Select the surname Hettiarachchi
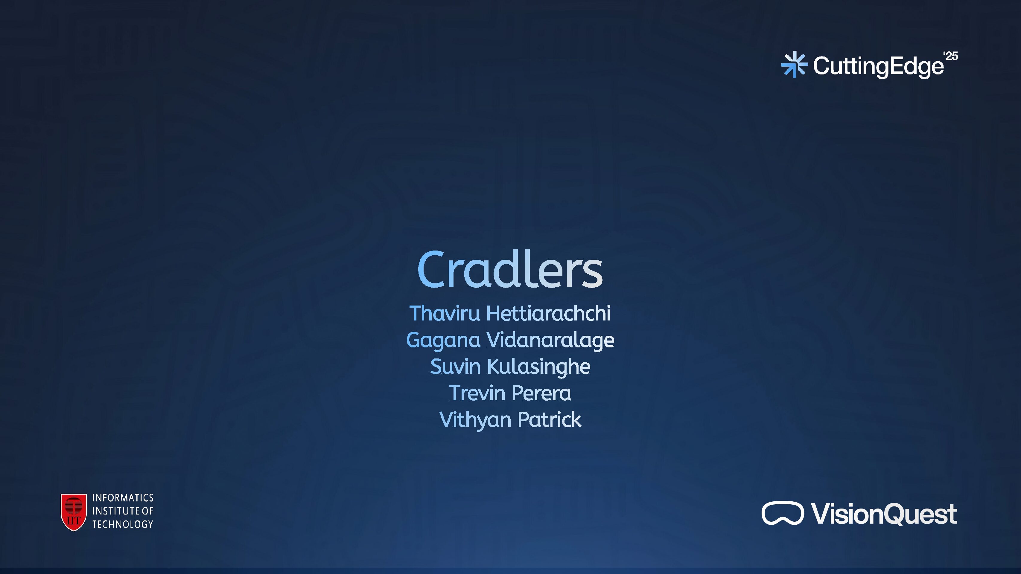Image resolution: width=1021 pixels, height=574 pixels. [x=548, y=313]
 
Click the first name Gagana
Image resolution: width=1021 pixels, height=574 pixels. [x=443, y=340]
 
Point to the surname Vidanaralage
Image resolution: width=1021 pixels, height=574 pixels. [x=550, y=340]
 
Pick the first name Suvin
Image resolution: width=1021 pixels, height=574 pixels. [x=455, y=367]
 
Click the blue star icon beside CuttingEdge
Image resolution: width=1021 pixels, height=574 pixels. [x=794, y=65]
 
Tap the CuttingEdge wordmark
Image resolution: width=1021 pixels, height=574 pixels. [x=878, y=66]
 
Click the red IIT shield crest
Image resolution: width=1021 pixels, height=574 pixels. [x=74, y=512]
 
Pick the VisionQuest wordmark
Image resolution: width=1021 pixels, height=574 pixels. [x=884, y=514]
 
